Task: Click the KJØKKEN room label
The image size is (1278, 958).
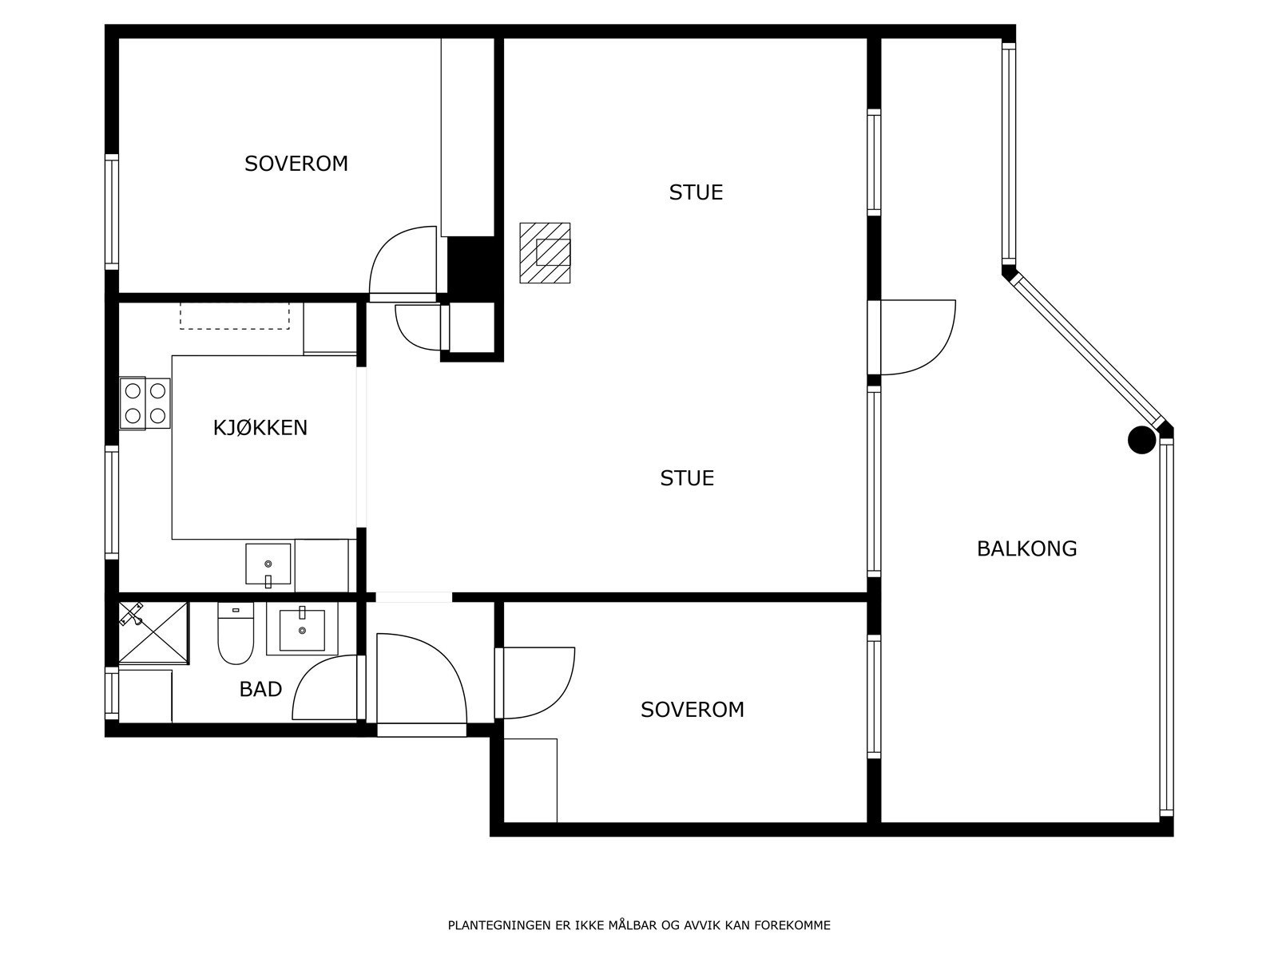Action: click(x=260, y=428)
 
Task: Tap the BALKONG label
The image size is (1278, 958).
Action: click(x=1027, y=548)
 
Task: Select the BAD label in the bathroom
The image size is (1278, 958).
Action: click(x=260, y=689)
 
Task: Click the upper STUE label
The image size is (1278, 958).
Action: click(x=696, y=192)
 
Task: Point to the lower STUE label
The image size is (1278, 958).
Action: click(x=687, y=478)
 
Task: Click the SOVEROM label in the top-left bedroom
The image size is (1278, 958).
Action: click(x=296, y=164)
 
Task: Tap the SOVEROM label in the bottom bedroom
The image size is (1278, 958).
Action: click(x=693, y=710)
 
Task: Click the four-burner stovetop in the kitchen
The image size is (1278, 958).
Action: click(x=145, y=404)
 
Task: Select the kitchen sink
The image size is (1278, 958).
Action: click(x=268, y=564)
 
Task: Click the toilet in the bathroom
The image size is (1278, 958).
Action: click(x=236, y=633)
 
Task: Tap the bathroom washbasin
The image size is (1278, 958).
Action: click(x=302, y=629)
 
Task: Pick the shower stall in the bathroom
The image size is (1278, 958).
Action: click(x=153, y=633)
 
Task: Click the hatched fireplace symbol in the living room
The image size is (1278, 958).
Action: click(x=545, y=253)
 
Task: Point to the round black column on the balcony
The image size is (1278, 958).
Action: click(x=1141, y=440)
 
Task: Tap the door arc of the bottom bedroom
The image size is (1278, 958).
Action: click(x=560, y=698)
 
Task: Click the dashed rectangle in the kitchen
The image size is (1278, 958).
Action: click(x=235, y=316)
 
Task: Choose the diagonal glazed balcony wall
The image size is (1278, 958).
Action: click(x=1086, y=349)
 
